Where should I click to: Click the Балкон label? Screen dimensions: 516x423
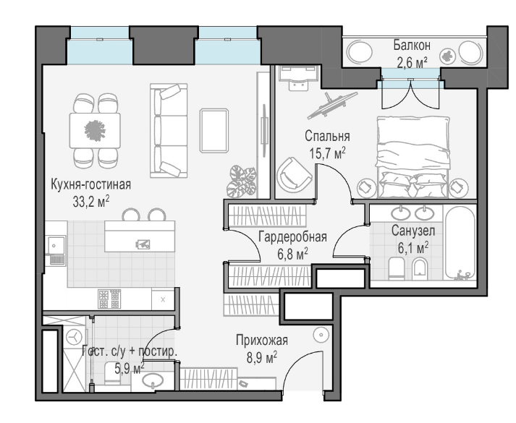pos(412,45)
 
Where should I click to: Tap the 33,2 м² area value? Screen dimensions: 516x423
pos(91,202)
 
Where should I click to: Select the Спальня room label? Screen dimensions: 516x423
pos(327,136)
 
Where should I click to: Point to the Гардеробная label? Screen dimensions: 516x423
pos(292,236)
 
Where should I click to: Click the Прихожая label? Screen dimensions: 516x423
pos(262,340)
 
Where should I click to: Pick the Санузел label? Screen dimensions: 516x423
pos(413,231)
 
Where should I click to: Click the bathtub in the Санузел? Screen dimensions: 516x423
pos(460,243)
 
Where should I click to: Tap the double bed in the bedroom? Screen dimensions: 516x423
pos(413,157)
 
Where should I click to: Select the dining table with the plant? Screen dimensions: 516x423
pos(95,130)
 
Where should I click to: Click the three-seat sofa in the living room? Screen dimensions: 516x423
pos(169,130)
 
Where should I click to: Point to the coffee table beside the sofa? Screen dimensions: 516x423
pos(214,130)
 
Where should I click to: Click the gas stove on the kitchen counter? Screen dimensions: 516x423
pos(109,299)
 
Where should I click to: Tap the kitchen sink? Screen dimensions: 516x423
pos(56,246)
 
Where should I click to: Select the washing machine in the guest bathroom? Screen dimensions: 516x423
pos(75,337)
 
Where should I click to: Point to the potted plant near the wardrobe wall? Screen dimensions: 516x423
pos(241,181)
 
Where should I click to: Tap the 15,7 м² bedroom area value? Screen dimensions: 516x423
pos(327,153)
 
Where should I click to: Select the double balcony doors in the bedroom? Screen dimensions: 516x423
pos(410,94)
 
